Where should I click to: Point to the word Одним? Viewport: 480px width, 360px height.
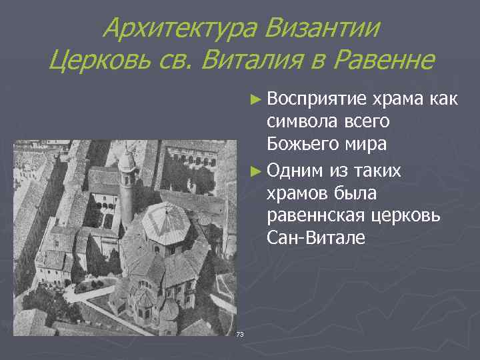coord(294,171)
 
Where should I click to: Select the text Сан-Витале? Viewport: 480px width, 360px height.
coord(315,237)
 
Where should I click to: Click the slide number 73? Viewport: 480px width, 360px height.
coord(241,333)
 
